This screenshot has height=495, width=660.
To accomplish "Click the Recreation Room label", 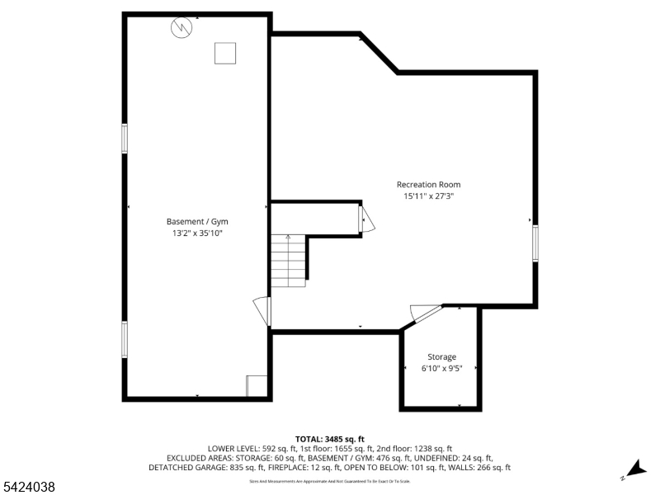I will click(428, 185).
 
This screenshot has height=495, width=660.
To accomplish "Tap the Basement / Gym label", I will click(197, 222).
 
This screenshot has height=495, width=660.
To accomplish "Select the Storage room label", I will click(441, 357).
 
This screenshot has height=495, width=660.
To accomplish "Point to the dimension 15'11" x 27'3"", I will click(428, 197).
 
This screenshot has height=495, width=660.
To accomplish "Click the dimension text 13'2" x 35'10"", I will click(197, 233).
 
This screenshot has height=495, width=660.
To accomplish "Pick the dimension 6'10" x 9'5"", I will click(441, 369).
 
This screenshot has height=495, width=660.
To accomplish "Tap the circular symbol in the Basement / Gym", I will click(181, 28).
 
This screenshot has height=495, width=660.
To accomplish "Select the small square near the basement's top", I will click(225, 53).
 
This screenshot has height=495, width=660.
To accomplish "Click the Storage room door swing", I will click(425, 313).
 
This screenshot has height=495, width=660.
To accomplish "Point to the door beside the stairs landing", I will click(366, 219).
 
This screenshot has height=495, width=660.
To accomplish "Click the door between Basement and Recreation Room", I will click(262, 310).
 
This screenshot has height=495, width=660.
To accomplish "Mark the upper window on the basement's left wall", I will click(125, 138).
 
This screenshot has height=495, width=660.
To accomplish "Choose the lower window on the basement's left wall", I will click(125, 338).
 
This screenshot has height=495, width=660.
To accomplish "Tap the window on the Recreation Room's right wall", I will click(535, 243).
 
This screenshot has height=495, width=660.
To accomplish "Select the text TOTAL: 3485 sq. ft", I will click(329, 439).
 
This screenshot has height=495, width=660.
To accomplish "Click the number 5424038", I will click(29, 488).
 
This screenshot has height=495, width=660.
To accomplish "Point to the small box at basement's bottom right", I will click(256, 386).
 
